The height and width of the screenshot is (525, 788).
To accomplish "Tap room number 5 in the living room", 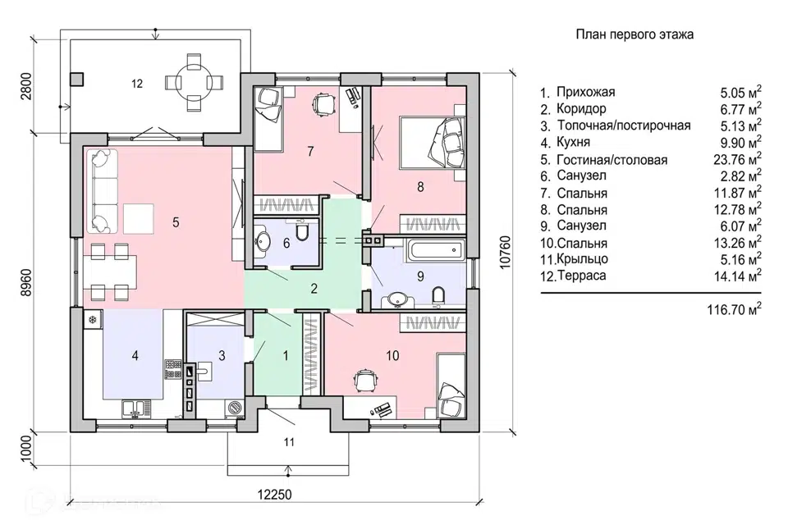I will (x=176, y=221).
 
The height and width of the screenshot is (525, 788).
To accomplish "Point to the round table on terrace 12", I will (x=192, y=82).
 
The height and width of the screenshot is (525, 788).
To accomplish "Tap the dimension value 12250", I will (x=273, y=495).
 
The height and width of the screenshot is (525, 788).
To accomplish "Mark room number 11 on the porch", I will (x=288, y=442).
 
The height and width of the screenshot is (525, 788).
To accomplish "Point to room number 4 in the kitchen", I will (x=135, y=356).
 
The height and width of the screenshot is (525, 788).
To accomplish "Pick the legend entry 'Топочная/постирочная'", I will (x=623, y=126).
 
